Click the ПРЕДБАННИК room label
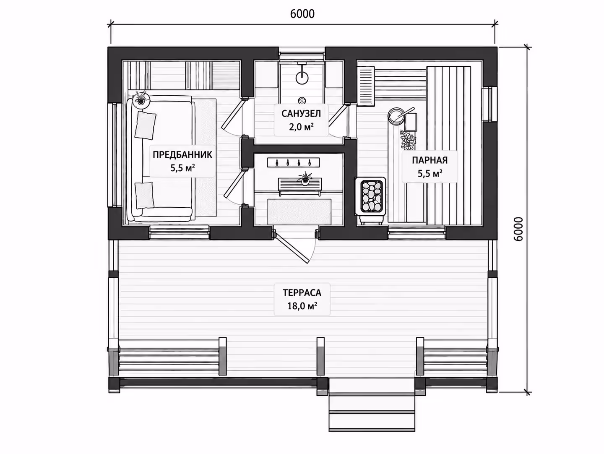[182, 155]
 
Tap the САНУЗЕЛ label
[301, 114]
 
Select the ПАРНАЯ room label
[430, 160]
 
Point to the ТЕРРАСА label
[302, 293]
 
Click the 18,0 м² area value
[302, 306]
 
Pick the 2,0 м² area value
[301, 127]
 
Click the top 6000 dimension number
[302, 14]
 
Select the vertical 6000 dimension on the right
[518, 229]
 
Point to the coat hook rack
[293, 162]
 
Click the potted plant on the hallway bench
[305, 179]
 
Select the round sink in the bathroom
[302, 78]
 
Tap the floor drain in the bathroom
[302, 100]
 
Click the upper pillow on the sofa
[145, 125]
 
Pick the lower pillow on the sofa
[144, 196]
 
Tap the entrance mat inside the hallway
[299, 212]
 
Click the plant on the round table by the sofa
[141, 99]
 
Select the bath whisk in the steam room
[407, 141]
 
